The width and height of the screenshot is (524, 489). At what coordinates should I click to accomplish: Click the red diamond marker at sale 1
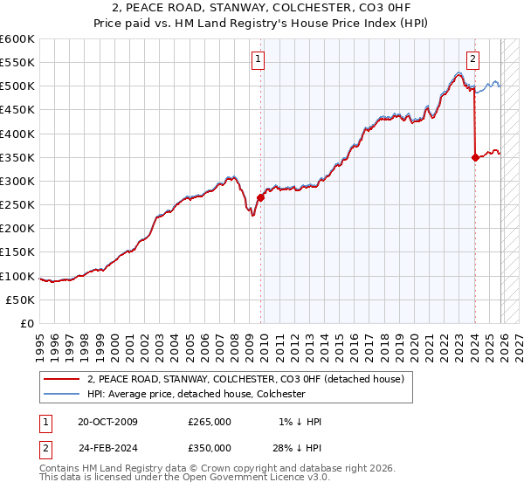pos(260,198)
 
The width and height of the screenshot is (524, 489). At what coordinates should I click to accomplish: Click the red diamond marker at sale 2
pos(475,158)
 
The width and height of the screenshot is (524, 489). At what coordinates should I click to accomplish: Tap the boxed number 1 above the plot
pos(259,59)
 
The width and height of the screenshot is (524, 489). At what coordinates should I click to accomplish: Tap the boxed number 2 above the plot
pos(472,59)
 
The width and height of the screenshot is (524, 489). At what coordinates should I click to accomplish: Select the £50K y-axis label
pos(21,300)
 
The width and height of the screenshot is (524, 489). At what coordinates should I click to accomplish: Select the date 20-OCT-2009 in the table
pos(107,422)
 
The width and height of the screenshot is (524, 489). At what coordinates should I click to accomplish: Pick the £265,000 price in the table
pos(210,422)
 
